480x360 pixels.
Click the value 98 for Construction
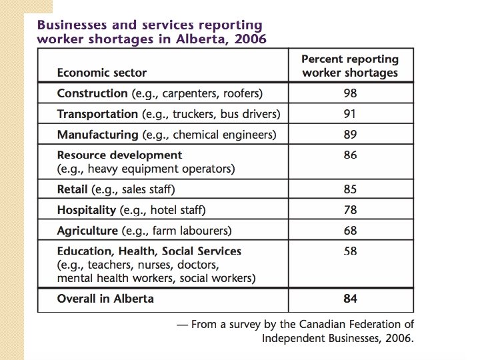[350, 93]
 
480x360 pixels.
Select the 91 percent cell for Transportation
[350, 114]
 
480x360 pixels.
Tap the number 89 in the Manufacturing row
[350, 135]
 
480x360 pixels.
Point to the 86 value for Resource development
[350, 155]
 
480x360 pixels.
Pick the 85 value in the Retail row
[350, 189]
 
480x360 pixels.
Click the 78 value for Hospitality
[350, 210]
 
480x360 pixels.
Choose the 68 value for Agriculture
[350, 231]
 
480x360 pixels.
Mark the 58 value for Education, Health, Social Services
[350, 251]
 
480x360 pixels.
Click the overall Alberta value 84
[350, 299]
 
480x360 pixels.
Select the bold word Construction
[92, 93]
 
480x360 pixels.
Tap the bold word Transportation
[97, 114]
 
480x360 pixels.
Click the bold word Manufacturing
[97, 135]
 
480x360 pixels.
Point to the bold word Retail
[73, 189]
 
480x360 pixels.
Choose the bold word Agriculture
[87, 231]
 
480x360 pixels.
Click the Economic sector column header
[102, 73]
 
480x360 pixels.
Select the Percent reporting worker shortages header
[350, 66]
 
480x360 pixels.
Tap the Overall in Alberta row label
[105, 299]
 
